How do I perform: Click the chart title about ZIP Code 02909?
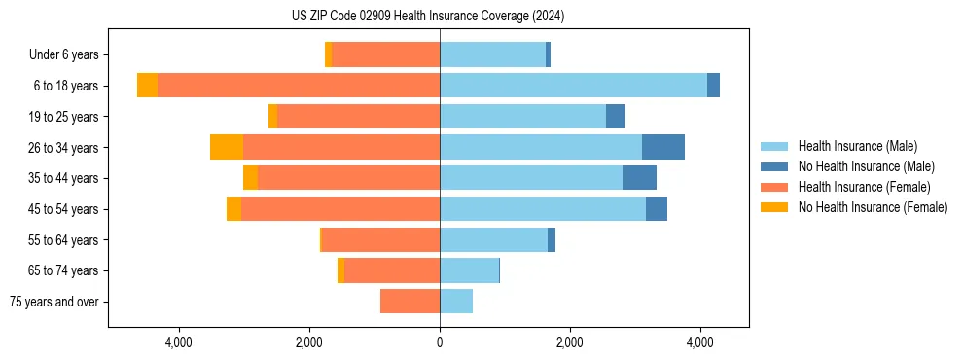coord(428,16)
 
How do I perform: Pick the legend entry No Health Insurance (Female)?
coord(872,207)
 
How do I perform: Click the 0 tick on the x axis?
coord(440,342)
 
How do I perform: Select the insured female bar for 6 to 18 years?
coord(299,86)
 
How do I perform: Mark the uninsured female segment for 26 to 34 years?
coord(227,147)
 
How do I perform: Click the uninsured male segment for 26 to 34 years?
coord(663,147)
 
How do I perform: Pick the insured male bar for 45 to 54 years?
coord(543,209)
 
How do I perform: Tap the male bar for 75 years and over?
coord(456,302)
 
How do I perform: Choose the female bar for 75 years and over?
coord(410,302)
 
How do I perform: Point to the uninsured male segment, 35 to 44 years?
coord(639,178)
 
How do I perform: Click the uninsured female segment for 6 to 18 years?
coord(147,86)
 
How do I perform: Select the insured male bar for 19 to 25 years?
coord(522,117)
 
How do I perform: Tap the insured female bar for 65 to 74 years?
coord(392,270)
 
